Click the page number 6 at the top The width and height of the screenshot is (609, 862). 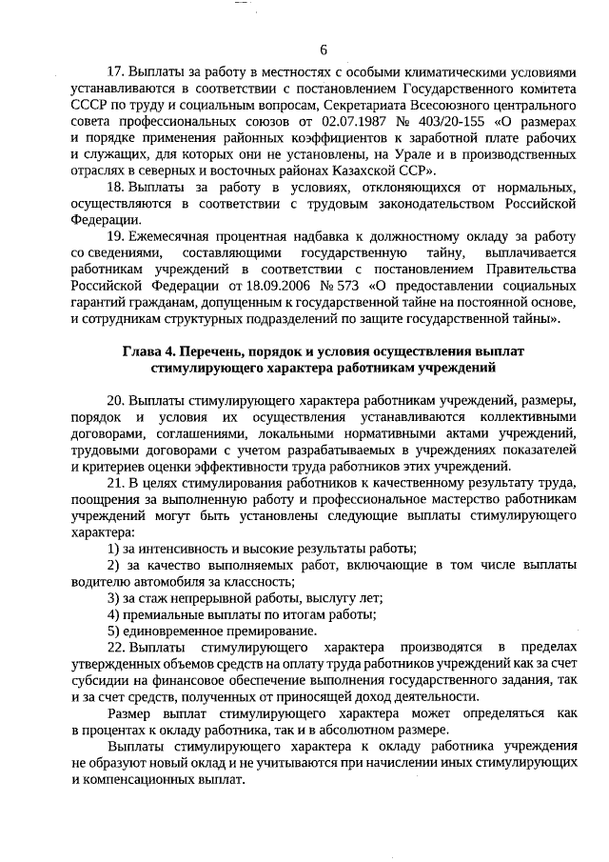[324, 50]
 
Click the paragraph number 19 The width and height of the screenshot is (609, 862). [117, 235]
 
